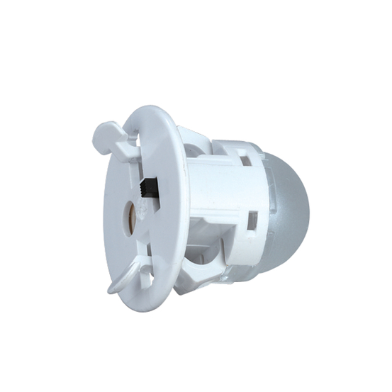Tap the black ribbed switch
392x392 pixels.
151,188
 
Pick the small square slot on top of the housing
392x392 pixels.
245,160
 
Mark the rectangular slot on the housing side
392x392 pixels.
252,221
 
